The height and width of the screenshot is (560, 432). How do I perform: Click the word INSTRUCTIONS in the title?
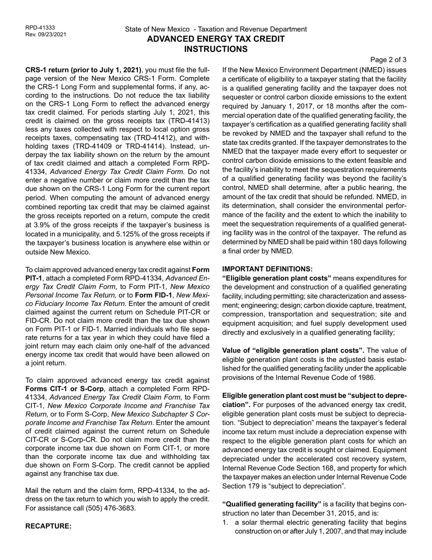pos(216,49)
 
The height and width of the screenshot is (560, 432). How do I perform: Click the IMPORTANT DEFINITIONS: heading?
pos(267,269)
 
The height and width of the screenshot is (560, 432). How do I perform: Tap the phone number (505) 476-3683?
pos(111,508)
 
